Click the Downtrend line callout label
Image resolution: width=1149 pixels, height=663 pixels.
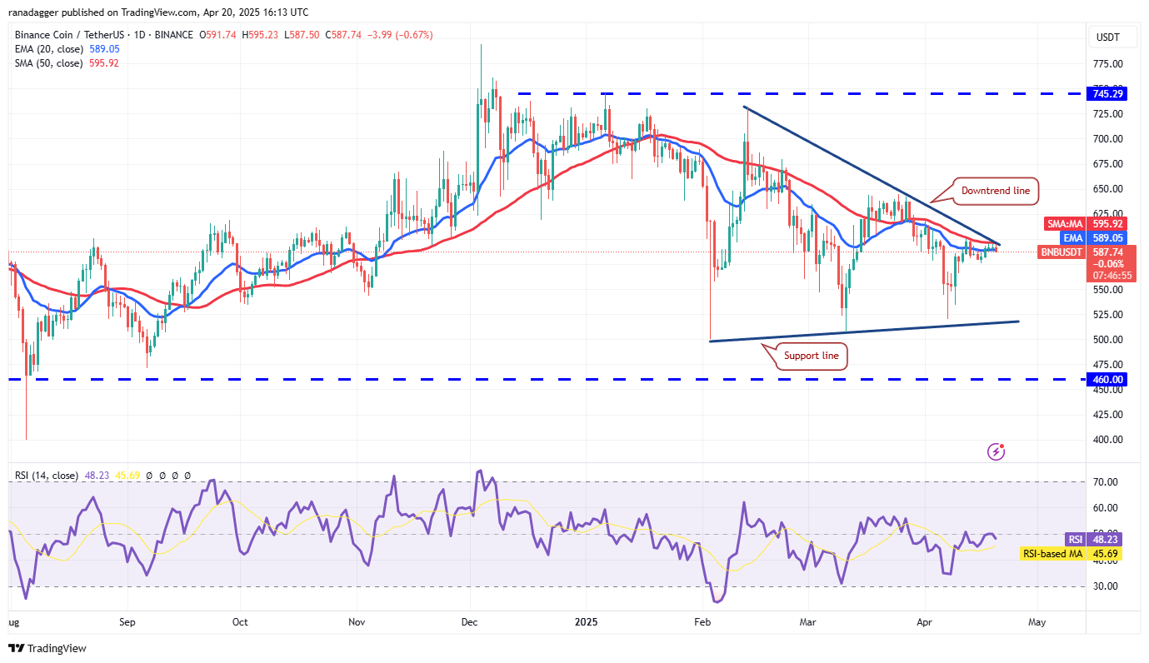coord(995,191)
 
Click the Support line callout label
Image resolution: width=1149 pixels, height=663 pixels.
coord(812,356)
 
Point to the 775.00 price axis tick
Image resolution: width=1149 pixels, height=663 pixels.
coord(1106,63)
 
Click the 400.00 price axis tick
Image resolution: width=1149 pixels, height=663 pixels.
coord(1106,440)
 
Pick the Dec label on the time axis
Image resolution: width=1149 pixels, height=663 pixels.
coord(470,621)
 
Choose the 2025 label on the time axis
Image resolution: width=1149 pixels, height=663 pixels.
coord(586,621)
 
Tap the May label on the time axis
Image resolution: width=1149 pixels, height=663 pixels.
coord(1036,621)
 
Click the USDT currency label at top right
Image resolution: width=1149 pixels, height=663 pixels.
coord(1107,37)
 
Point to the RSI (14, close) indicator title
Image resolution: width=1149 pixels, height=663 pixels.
coord(47,476)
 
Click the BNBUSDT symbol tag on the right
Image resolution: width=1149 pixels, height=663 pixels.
coord(1062,251)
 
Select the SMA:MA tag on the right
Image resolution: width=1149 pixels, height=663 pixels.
coord(1063,223)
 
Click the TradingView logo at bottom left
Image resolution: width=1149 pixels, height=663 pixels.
coord(47,648)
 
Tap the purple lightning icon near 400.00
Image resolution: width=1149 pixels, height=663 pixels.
coord(996,451)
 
